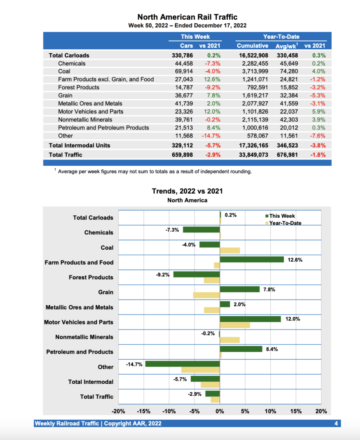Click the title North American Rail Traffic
(x=187, y=17)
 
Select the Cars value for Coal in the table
(x=182, y=71)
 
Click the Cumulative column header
(x=252, y=46)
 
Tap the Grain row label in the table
(x=65, y=95)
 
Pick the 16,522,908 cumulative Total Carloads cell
(x=253, y=55)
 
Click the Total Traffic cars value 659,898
(x=182, y=154)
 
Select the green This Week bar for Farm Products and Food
(x=252, y=259)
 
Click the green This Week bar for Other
(x=183, y=364)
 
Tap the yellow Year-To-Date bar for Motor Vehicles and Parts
(x=235, y=325)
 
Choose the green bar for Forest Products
(x=197, y=274)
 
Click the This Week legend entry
(x=281, y=216)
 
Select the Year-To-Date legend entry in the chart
(x=285, y=223)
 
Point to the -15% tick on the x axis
(x=144, y=411)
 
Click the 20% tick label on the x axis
(x=321, y=411)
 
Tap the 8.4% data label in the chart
(x=272, y=349)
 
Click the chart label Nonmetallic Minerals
(x=84, y=337)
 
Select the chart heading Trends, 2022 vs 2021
(x=187, y=191)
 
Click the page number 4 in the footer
(x=336, y=424)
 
